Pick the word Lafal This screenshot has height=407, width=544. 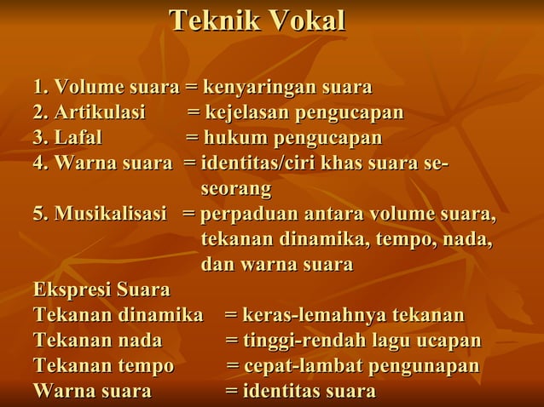78,138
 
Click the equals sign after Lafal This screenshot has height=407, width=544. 193,138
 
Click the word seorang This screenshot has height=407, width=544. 236,187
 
